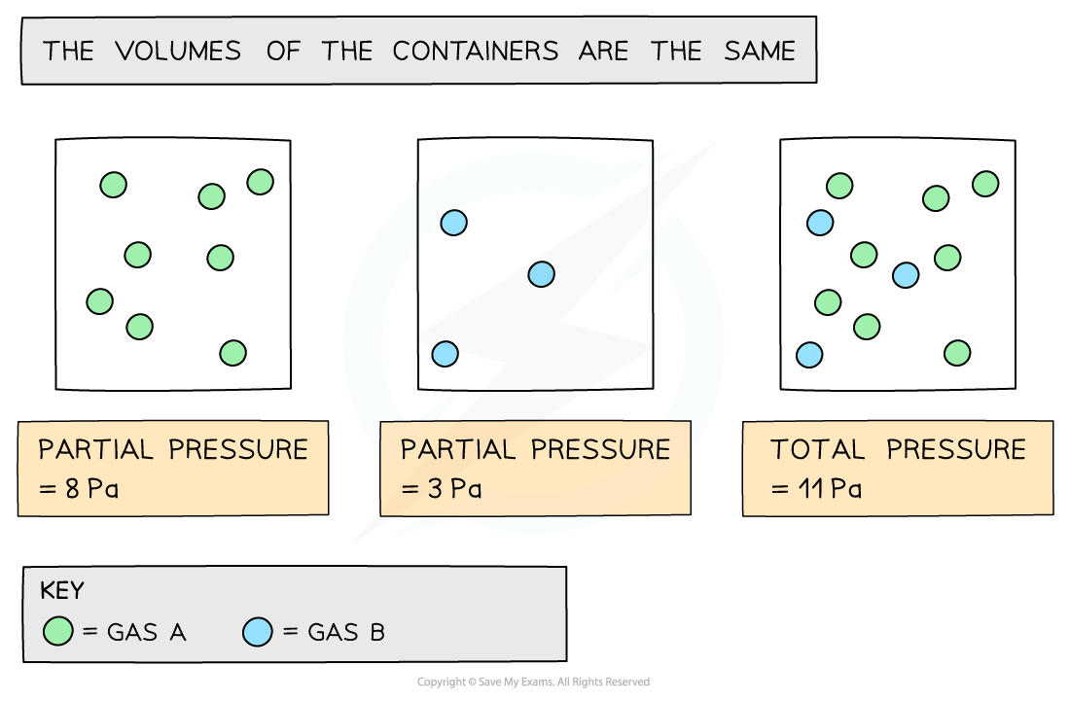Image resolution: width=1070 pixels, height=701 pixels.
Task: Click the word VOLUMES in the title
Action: tap(178, 51)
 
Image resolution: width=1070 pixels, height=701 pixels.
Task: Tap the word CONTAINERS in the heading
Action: tap(476, 51)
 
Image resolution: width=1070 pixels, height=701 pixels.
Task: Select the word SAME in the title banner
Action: tap(759, 51)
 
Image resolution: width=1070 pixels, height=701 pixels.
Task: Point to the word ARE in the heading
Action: tap(604, 51)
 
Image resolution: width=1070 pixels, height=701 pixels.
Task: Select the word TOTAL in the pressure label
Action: tap(817, 449)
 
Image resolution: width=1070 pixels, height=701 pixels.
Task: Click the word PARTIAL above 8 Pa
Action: tap(95, 449)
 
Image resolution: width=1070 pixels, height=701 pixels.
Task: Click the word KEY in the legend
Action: tap(62, 591)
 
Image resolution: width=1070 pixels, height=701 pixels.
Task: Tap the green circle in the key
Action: tap(58, 632)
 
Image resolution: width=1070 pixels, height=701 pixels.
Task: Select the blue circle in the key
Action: tap(258, 632)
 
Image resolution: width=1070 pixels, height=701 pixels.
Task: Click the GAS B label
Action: tap(346, 632)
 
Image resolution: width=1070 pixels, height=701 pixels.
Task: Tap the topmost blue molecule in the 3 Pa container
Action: tap(454, 223)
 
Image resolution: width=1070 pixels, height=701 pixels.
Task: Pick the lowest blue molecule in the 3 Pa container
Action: tap(445, 353)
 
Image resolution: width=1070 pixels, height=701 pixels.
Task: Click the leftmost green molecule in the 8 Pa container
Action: tap(99, 301)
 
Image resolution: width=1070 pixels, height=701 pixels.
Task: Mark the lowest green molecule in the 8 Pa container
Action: tap(232, 353)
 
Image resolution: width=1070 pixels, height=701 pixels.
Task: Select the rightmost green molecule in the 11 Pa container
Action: tap(985, 184)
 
